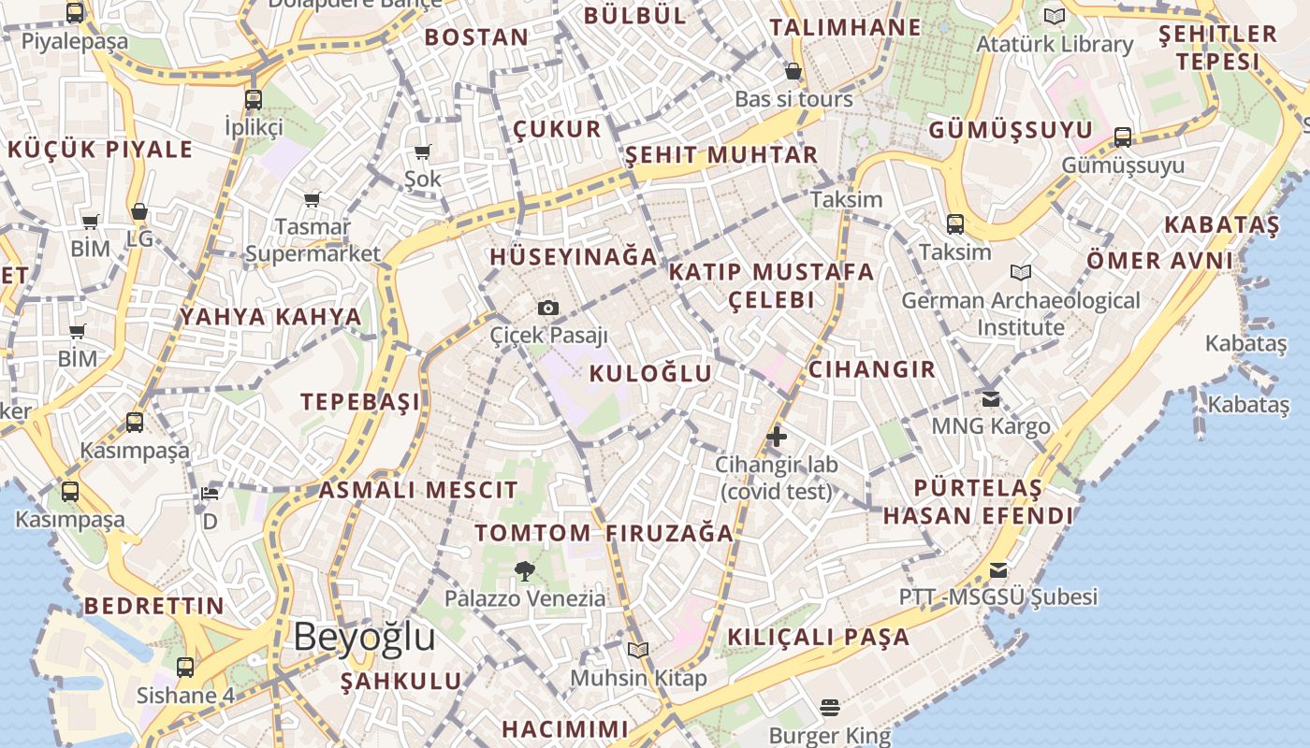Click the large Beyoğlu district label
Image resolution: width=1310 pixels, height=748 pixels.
[x=364, y=637]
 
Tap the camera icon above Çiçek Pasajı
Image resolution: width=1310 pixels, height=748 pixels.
[x=548, y=308]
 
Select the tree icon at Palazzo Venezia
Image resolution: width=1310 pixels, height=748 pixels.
[x=525, y=570]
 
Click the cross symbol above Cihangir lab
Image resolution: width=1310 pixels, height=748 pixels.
[x=777, y=436]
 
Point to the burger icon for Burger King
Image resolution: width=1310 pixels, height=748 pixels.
[x=830, y=707]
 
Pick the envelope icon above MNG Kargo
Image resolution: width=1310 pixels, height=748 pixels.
[x=991, y=399]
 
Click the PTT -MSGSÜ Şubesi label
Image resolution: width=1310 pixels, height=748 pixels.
[x=998, y=597]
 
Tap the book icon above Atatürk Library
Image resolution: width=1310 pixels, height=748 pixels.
[x=1055, y=16]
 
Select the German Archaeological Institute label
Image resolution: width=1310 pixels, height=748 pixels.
[x=1021, y=314]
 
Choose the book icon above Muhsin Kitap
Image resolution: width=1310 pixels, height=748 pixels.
[x=638, y=650]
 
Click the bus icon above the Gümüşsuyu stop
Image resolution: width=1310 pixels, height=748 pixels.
[x=1123, y=138]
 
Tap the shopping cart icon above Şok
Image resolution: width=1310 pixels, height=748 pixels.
[x=423, y=151]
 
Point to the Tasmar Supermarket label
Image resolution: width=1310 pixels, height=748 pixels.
[x=313, y=239]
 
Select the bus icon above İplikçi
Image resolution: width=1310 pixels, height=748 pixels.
[x=254, y=99]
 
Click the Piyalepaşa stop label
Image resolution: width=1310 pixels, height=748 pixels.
[x=75, y=41]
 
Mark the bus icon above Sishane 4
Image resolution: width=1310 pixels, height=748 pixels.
[x=185, y=668]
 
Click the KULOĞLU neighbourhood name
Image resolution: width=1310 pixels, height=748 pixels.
[x=650, y=374]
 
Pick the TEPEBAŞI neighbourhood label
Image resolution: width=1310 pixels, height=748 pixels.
[x=360, y=402]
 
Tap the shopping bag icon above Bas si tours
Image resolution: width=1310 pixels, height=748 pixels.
[x=793, y=71]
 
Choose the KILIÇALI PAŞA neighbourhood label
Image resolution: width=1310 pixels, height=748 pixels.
[x=819, y=638]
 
